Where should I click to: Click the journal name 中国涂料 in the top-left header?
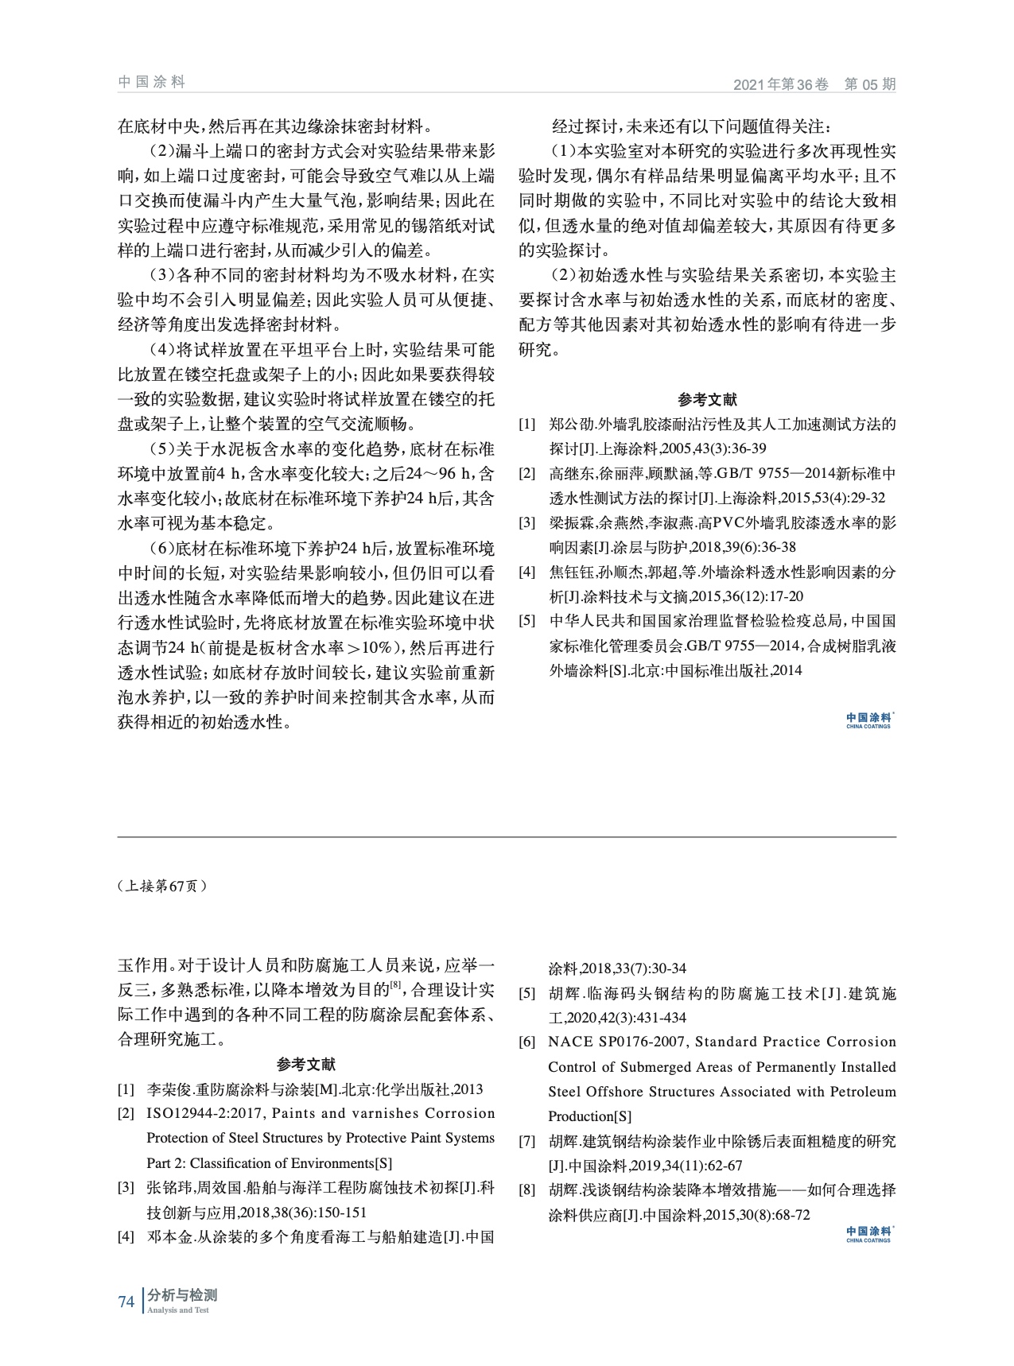tap(151, 82)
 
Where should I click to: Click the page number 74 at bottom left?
tap(126, 1302)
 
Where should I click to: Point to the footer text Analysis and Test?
tap(178, 1310)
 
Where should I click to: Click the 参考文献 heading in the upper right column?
tap(707, 400)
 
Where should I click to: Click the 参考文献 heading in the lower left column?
tap(306, 1065)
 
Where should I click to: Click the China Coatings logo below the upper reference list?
tap(868, 720)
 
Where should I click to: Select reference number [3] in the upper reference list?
tap(526, 523)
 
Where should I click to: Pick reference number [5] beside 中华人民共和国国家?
tap(526, 621)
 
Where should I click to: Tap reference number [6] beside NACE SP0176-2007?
tap(526, 1042)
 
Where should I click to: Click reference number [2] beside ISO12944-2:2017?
tap(126, 1114)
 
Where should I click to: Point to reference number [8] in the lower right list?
tap(526, 1191)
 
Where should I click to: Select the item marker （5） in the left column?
tap(162, 449)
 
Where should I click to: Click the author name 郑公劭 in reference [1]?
tap(571, 425)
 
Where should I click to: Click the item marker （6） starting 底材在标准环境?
tap(162, 549)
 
